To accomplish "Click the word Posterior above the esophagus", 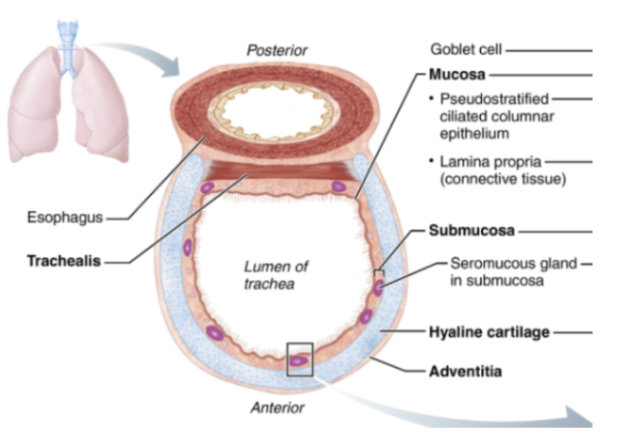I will (x=276, y=51).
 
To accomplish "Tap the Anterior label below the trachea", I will (x=277, y=408).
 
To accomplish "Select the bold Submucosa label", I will (x=472, y=231).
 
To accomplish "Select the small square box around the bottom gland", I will (x=299, y=360).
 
